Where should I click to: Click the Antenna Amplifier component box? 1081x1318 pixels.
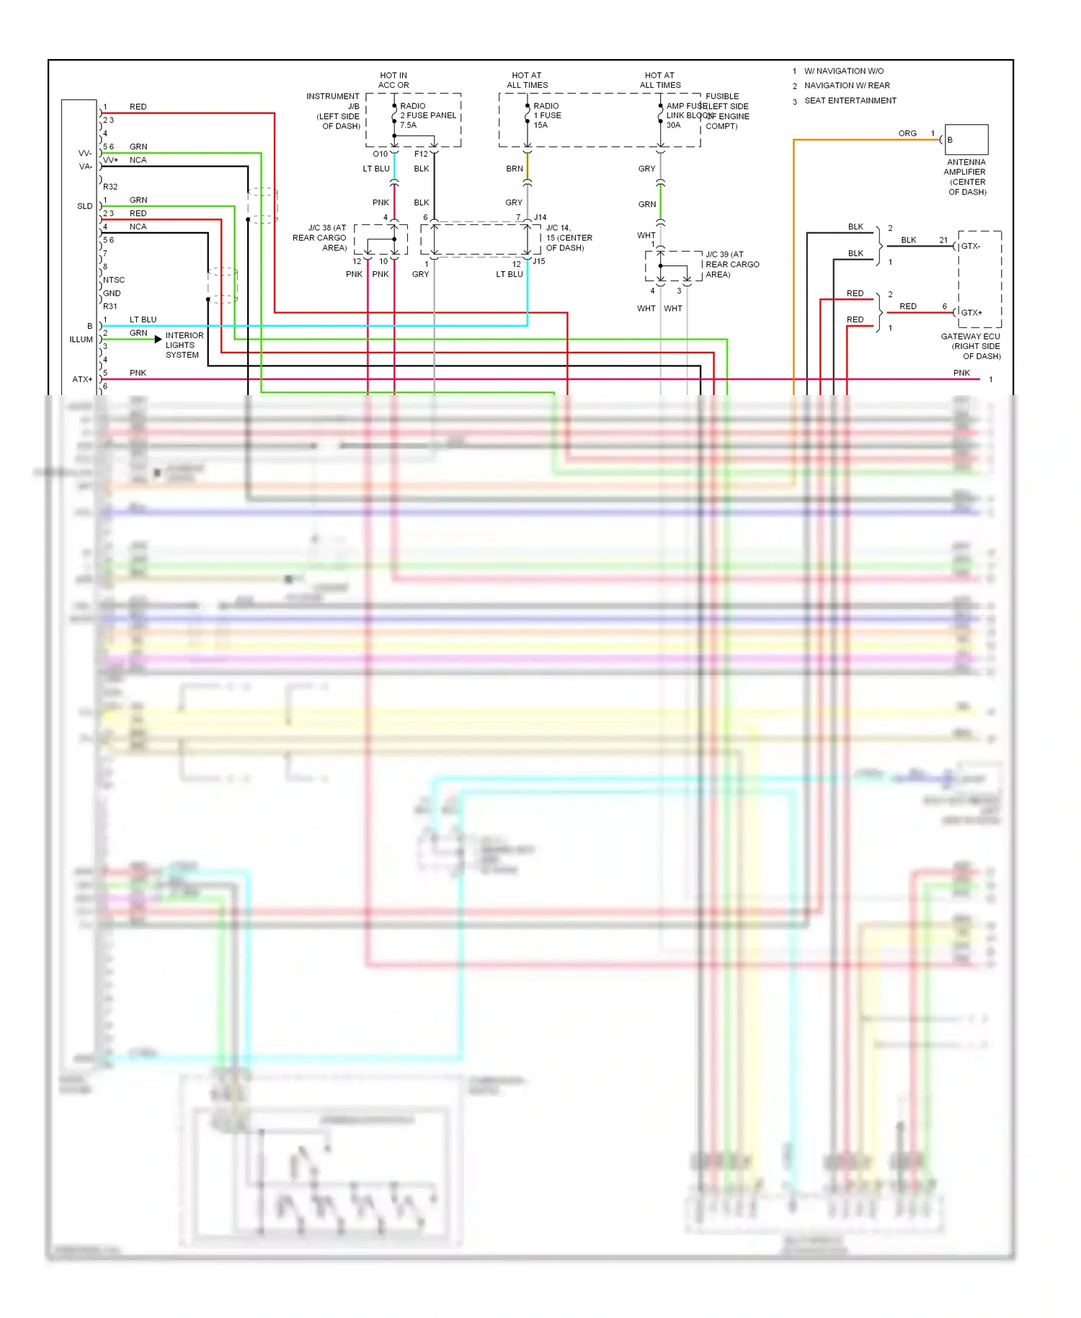click(x=966, y=139)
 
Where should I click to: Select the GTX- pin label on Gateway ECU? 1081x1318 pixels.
click(x=971, y=246)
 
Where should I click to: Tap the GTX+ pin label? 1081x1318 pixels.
click(x=971, y=312)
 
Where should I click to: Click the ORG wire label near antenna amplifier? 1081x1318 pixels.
click(x=907, y=133)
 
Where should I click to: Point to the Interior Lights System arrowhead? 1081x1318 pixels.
click(x=158, y=339)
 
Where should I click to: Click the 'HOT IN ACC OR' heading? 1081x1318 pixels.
click(x=393, y=80)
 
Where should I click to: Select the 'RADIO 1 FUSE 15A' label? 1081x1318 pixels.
click(x=547, y=115)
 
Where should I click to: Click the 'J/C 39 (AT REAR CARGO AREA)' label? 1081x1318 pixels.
click(x=732, y=264)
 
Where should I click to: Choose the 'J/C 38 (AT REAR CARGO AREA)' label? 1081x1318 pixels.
click(x=320, y=237)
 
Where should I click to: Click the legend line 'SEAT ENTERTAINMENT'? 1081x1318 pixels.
click(x=850, y=100)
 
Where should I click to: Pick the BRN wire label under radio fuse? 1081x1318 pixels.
click(x=514, y=169)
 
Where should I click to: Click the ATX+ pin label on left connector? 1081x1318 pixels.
click(x=82, y=379)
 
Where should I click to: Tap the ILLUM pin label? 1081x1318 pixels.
click(x=81, y=340)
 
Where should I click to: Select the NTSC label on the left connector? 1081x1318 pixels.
click(x=114, y=280)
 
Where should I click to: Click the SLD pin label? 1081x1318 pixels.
click(x=84, y=206)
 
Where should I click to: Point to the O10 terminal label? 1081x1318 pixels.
click(x=380, y=154)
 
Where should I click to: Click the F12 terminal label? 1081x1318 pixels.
click(x=421, y=154)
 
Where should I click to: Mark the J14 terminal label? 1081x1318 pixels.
click(x=540, y=217)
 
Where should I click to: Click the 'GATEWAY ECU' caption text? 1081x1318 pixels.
click(x=970, y=336)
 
